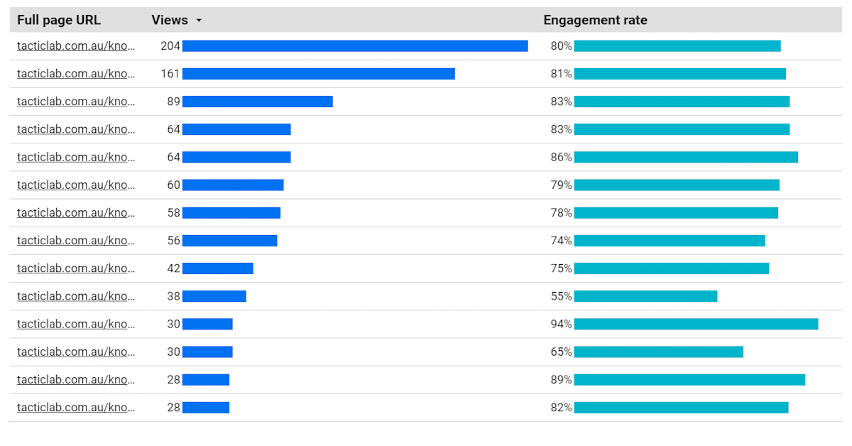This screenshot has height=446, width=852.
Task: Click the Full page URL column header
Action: point(59,21)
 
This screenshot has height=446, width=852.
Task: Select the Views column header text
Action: point(170,21)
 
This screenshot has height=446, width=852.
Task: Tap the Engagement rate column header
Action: point(595,21)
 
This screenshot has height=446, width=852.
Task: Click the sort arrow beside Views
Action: point(199,21)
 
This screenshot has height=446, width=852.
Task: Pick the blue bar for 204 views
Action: point(355,46)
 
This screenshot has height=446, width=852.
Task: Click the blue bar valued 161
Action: point(318,74)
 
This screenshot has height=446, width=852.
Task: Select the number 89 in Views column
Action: point(174,102)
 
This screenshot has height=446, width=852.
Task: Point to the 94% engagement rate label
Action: point(561,324)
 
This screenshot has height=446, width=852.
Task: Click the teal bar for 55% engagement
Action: point(645,296)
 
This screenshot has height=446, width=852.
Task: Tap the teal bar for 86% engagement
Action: point(686,157)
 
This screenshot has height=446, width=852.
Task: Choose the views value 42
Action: point(174,268)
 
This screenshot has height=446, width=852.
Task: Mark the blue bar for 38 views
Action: point(214,296)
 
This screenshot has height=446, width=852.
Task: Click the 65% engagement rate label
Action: point(561,352)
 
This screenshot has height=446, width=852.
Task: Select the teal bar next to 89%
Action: point(689,379)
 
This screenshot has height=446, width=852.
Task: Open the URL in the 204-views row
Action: point(75,46)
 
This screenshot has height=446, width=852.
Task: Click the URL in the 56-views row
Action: point(75,241)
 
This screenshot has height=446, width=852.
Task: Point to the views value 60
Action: point(174,185)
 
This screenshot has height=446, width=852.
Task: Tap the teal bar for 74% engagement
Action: point(670,241)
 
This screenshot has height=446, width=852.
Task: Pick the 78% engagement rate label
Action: point(561,212)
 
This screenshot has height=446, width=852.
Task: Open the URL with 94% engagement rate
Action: point(75,324)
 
